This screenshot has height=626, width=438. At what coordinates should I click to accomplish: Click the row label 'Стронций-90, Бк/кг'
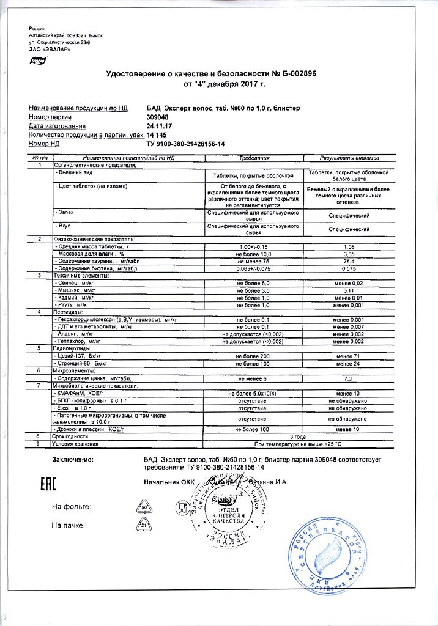(83, 363)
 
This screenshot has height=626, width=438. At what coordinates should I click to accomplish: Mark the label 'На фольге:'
(72, 507)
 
